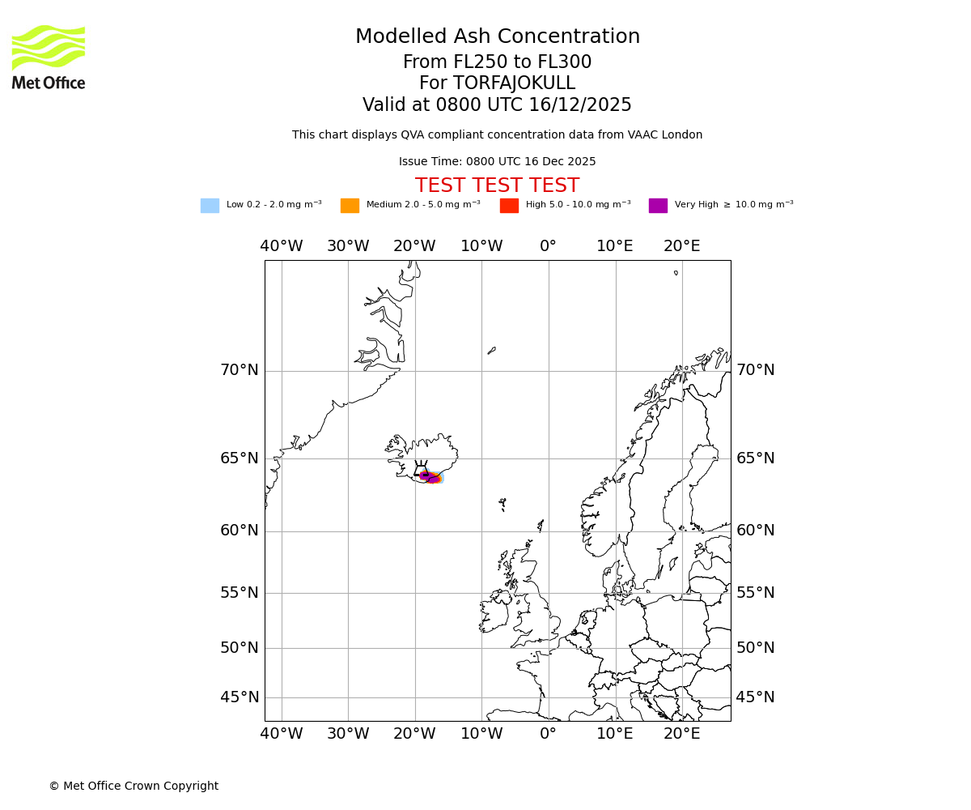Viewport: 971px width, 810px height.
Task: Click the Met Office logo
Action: coord(49,57)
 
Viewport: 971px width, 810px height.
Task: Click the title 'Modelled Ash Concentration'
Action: coord(497,37)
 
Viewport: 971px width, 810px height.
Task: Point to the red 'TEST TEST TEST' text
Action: coord(497,185)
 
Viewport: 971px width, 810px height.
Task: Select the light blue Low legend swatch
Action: coord(210,206)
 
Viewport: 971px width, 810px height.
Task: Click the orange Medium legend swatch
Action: coord(350,206)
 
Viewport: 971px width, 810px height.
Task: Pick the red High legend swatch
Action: coord(509,206)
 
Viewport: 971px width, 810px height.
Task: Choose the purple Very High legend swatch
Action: coord(658,206)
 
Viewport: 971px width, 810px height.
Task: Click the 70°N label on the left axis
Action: coord(240,370)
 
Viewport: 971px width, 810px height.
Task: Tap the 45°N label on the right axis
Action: coord(755,697)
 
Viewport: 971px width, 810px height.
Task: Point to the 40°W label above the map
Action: coord(282,246)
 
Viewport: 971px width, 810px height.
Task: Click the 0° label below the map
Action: coord(549,734)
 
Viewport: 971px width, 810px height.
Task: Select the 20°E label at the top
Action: coord(681,246)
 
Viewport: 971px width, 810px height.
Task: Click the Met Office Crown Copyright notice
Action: coord(134,787)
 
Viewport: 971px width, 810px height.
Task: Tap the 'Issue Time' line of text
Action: coord(497,162)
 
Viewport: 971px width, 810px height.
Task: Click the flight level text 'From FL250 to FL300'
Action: coord(497,62)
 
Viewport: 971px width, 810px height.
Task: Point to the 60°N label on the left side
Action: coord(240,531)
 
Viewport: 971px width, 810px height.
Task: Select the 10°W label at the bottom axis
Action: coord(481,734)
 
